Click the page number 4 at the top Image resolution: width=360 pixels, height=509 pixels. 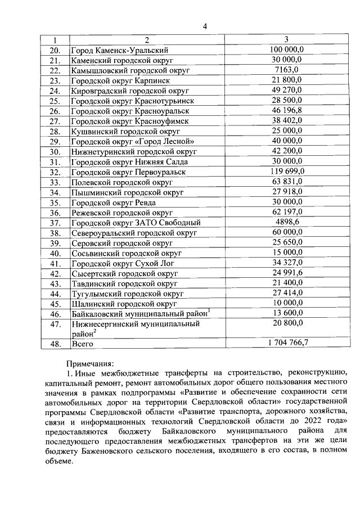(205, 26)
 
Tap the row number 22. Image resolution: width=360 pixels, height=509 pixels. (55, 70)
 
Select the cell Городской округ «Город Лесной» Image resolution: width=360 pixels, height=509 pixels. (133, 141)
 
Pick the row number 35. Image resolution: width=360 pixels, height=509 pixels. (55, 202)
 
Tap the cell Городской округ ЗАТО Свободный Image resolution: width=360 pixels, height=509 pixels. (136, 222)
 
